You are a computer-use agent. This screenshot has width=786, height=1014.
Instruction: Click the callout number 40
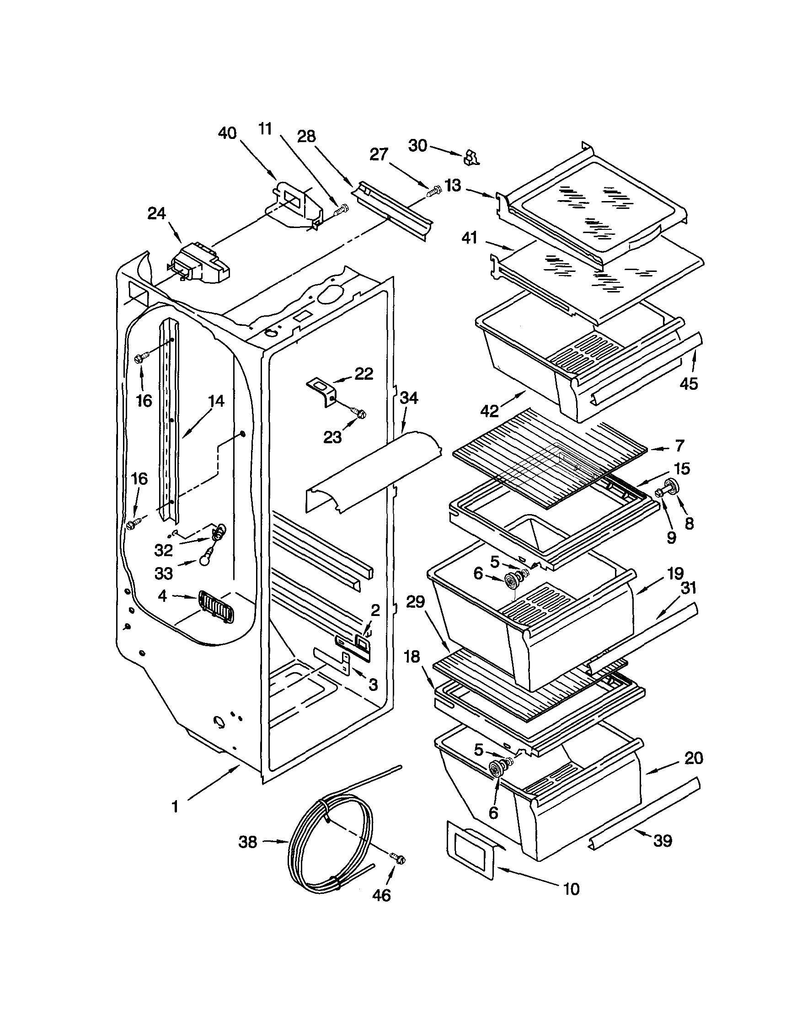(227, 133)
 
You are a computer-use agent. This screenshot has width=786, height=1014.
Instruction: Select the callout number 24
(156, 213)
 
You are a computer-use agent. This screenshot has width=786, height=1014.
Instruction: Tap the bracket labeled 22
(321, 388)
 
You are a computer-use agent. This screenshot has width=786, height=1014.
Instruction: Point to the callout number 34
(409, 398)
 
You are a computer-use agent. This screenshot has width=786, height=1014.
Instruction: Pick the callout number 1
(175, 807)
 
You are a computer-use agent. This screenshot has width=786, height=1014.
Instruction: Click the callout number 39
(663, 840)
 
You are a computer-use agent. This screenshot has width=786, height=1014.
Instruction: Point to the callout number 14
(215, 401)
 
